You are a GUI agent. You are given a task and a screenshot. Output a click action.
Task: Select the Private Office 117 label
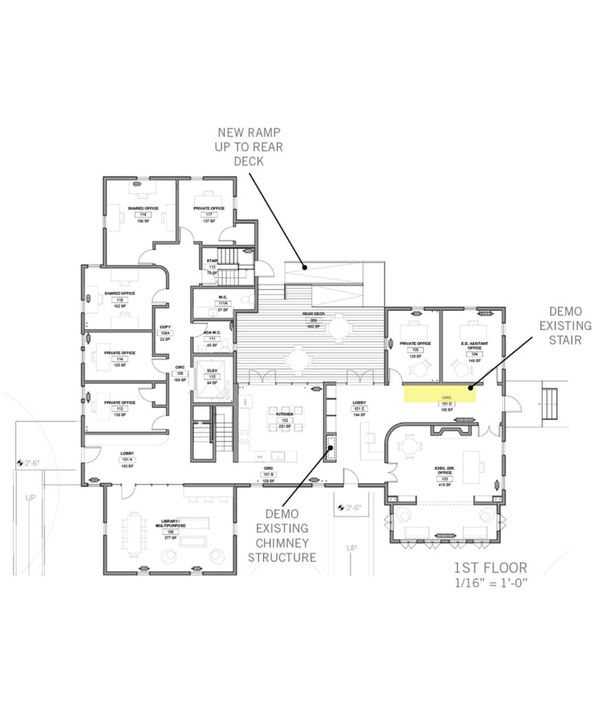209,208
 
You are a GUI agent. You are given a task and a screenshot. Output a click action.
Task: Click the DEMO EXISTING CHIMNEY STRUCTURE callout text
282,535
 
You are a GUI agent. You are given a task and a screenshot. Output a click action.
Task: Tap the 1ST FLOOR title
490,568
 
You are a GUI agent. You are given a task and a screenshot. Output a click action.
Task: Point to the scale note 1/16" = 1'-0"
490,583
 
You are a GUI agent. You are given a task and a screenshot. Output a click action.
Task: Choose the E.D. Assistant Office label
473,344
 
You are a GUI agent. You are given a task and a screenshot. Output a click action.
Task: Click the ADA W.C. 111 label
212,334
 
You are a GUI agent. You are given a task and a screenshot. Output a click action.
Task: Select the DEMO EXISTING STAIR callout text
565,325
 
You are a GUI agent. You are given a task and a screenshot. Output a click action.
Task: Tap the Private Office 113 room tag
119,409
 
